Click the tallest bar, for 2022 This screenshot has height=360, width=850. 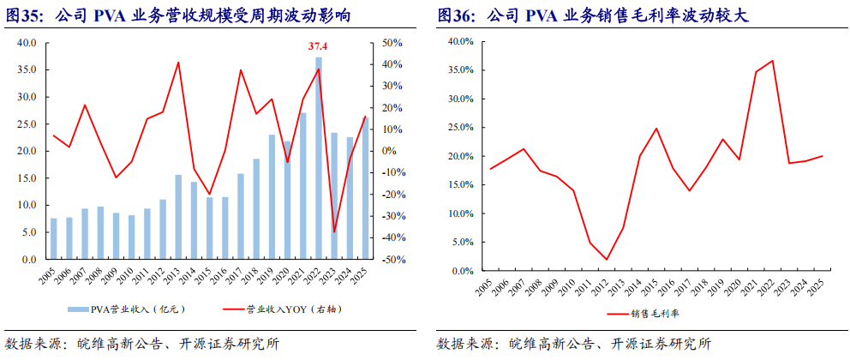tap(318, 159)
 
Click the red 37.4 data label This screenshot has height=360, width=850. tap(318, 45)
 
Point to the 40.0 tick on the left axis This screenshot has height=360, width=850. tap(26, 43)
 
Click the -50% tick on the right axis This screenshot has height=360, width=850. tap(392, 259)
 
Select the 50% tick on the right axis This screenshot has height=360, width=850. tap(392, 43)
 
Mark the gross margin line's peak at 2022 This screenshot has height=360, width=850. tap(772, 61)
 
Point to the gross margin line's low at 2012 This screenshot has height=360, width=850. tap(607, 259)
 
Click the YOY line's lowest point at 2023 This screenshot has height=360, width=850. tap(333, 231)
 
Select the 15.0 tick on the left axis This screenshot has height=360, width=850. tap(26, 178)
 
